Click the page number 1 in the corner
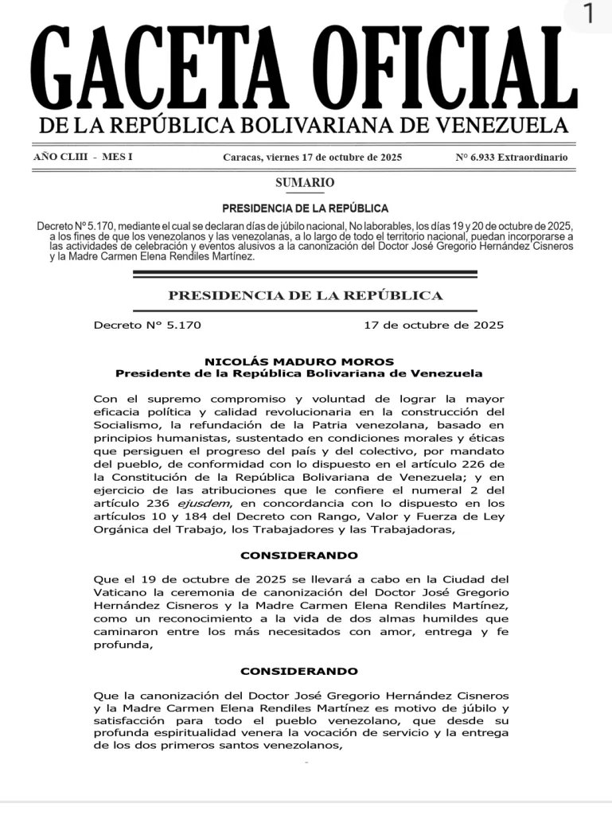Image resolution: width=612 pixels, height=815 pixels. click(587, 14)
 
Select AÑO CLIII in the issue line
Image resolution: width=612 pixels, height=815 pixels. click(57, 157)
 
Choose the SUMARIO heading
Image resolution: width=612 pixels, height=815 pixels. click(305, 182)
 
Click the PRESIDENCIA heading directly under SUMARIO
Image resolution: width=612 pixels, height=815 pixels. click(305, 209)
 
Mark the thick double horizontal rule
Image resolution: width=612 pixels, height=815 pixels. click(305, 275)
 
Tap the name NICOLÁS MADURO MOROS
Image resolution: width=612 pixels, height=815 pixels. click(299, 361)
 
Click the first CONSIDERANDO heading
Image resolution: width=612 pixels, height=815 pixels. click(299, 555)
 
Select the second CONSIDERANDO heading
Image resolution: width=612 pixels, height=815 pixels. click(299, 671)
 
